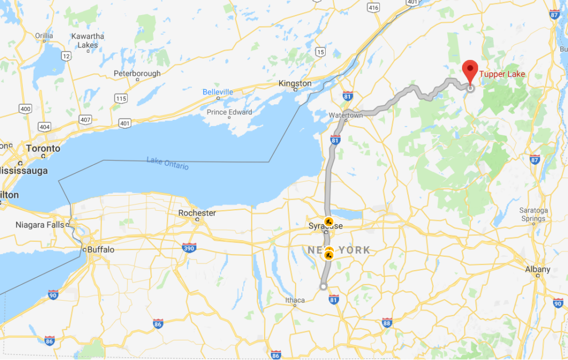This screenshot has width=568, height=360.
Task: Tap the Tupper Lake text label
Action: pyautogui.click(x=502, y=74)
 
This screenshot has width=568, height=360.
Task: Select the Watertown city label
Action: pyautogui.click(x=346, y=115)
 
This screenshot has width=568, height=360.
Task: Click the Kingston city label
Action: pyautogui.click(x=295, y=83)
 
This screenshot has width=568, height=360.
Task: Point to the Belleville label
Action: pyautogui.click(x=217, y=92)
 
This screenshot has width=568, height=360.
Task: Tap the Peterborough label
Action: pyautogui.click(x=137, y=73)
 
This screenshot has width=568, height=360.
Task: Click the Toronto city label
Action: pyautogui.click(x=43, y=149)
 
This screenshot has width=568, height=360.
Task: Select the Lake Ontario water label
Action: pyautogui.click(x=168, y=163)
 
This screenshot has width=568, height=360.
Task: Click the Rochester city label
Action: pyautogui.click(x=197, y=213)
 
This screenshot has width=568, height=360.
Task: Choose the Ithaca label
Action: pyautogui.click(x=295, y=300)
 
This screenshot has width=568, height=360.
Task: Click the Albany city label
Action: pyautogui.click(x=537, y=269)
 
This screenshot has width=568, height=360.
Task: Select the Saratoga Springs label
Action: pyautogui.click(x=532, y=214)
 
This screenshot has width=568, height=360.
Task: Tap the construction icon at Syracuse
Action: pyautogui.click(x=328, y=221)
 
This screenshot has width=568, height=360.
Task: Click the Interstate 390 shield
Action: pyautogui.click(x=189, y=248)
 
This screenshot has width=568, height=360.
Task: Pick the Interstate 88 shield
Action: pyautogui.click(x=387, y=323)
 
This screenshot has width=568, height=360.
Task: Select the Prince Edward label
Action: pyautogui.click(x=229, y=112)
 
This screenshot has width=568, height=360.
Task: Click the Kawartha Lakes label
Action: pyautogui.click(x=88, y=40)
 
